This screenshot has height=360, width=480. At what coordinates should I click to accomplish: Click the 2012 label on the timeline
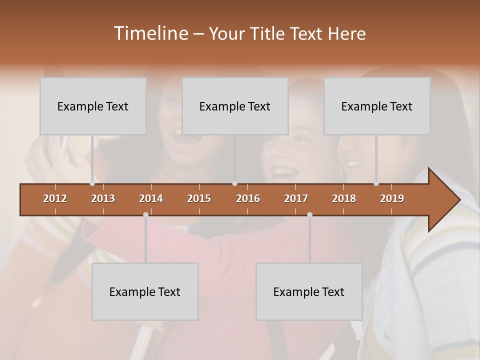coord(55,198)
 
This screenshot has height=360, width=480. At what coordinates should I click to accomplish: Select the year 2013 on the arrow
coord(103,198)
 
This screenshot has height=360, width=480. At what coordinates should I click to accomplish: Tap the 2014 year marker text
coord(151,198)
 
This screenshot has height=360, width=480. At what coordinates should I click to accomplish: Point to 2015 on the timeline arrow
coord(199,198)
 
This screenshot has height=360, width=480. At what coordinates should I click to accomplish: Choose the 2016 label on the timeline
coord(248,198)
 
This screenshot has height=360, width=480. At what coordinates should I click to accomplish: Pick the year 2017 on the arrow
coord(296,198)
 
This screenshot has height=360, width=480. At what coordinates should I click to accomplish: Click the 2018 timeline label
coord(344,198)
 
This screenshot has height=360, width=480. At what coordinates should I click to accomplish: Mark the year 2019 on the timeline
coord(392,198)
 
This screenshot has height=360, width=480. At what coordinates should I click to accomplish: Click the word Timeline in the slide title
coord(150,33)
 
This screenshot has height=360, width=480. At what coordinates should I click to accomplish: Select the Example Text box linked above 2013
coord(93,106)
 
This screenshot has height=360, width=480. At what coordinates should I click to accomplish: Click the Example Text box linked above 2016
coord(235,106)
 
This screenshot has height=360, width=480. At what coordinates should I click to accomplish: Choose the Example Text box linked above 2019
coord(377,106)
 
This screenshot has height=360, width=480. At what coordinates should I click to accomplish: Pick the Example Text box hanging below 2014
coord(145,291)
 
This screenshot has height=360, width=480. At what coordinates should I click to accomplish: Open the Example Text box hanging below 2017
coord(309,291)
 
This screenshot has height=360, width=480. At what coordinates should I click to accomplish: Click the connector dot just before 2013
coord(92,183)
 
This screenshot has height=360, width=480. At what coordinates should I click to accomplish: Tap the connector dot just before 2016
coord(234,183)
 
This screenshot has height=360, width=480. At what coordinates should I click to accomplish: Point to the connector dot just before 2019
coord(376,183)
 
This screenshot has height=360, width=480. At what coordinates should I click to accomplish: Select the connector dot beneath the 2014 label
coord(145,214)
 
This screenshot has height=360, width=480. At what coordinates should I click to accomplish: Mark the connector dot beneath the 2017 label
coord(309,214)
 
